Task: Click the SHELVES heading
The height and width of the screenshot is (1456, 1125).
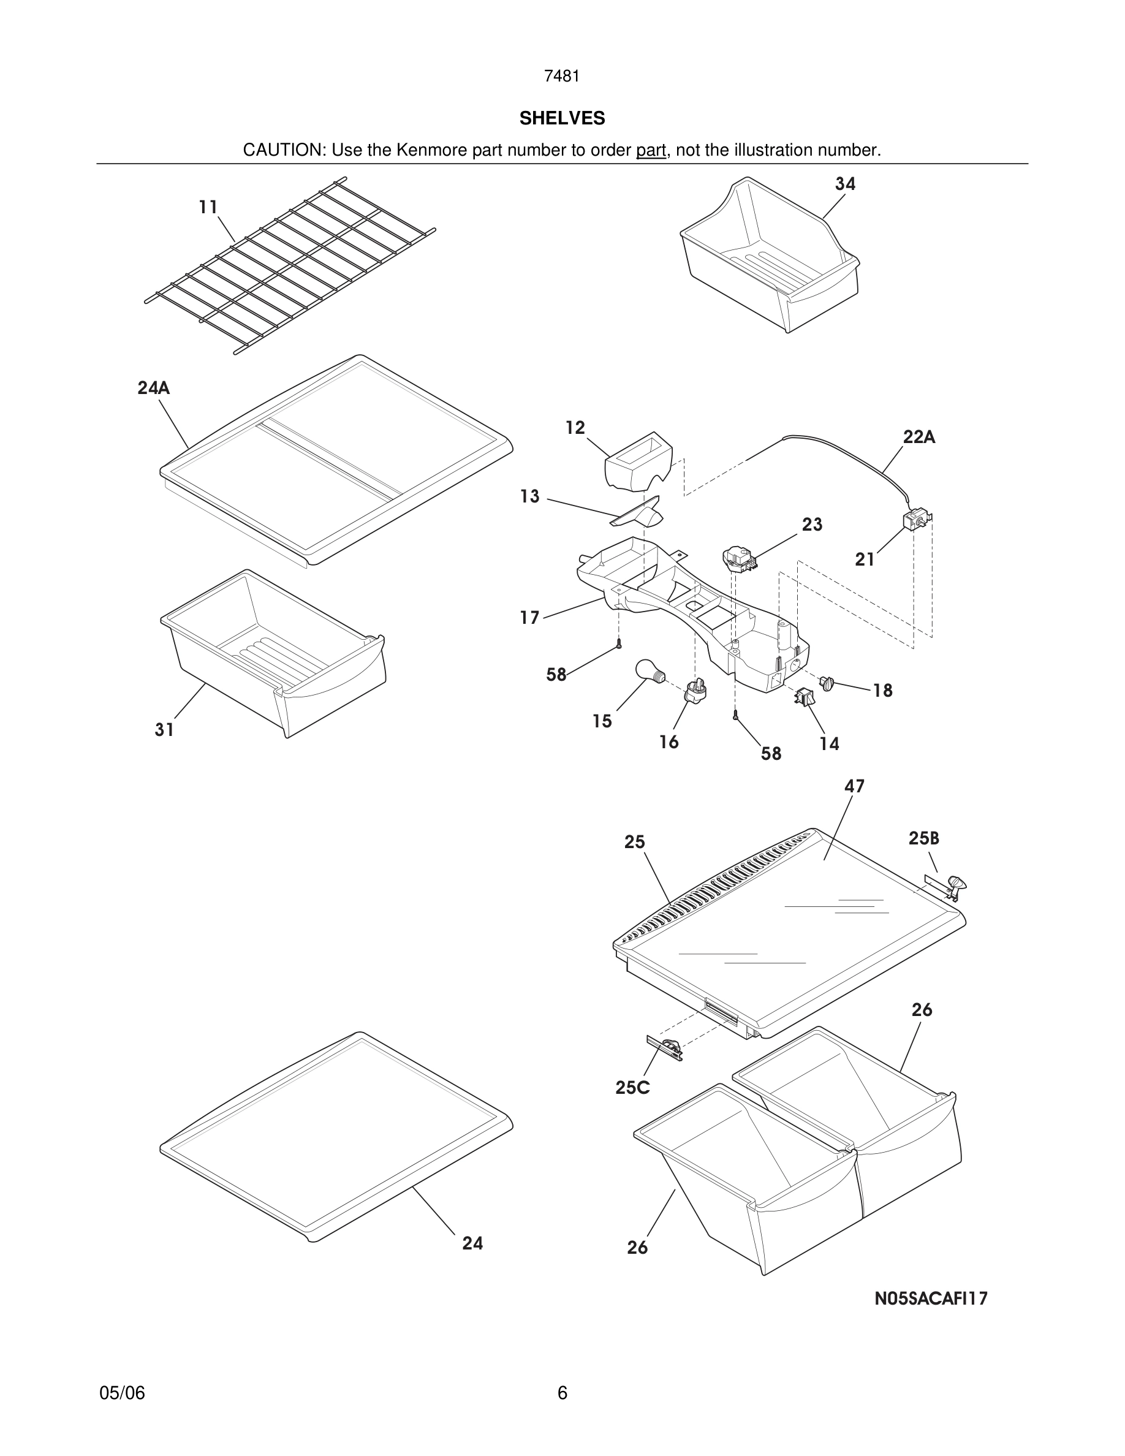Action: click(562, 118)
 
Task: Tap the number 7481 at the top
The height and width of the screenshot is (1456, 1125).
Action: click(562, 77)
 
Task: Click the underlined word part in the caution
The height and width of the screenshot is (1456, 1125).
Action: click(651, 151)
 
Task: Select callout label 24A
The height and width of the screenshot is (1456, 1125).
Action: click(153, 388)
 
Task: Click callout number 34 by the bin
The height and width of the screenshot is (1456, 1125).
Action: click(845, 184)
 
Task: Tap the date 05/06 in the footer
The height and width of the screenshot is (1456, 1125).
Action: click(122, 1393)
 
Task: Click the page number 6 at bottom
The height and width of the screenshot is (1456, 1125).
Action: click(562, 1393)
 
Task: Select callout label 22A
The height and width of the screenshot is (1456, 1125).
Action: click(919, 438)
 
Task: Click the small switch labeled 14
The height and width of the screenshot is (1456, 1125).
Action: click(805, 697)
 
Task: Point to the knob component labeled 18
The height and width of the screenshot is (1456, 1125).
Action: click(827, 683)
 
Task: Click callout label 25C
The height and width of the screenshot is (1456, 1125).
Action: click(632, 1088)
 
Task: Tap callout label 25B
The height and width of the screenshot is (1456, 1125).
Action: click(923, 839)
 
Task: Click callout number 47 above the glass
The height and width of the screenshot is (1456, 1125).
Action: click(854, 787)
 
